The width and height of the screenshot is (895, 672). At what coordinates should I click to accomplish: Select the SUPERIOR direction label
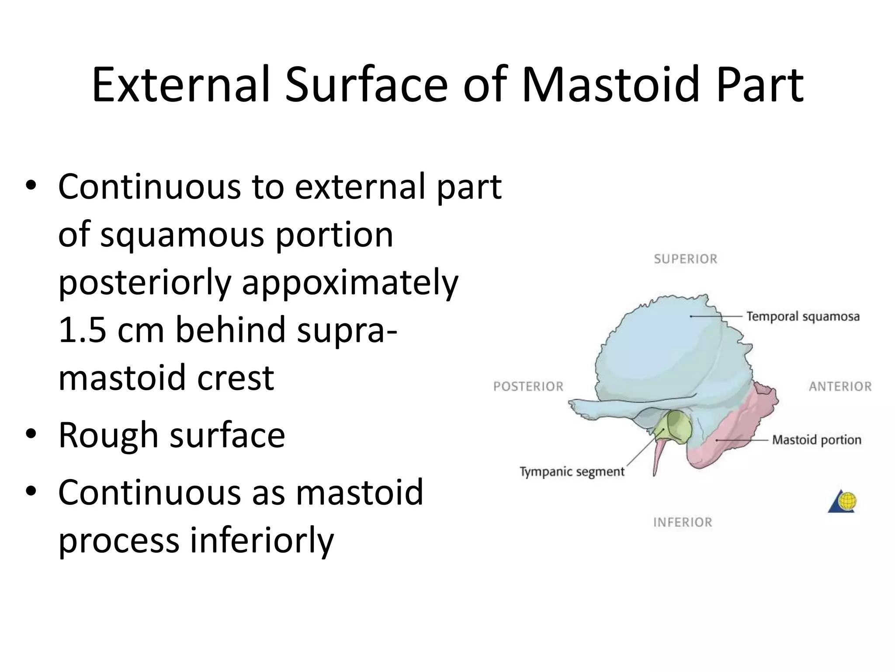tap(686, 259)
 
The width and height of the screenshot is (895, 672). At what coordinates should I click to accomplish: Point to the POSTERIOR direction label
tap(528, 387)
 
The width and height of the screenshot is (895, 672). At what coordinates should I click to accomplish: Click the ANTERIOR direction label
tap(840, 387)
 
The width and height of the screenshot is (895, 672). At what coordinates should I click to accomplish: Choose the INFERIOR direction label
tap(683, 522)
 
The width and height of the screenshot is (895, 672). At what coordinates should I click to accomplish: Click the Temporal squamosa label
tap(803, 316)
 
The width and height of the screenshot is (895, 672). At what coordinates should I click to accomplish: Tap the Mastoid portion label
tap(816, 440)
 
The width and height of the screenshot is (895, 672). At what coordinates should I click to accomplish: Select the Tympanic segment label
tap(572, 472)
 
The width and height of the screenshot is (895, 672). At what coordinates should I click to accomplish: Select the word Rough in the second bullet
tap(108, 435)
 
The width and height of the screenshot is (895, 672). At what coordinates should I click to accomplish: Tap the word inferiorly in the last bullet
tap(262, 540)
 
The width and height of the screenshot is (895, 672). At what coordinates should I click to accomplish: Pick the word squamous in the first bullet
tap(183, 235)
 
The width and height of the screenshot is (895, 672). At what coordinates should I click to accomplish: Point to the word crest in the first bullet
tap(236, 378)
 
